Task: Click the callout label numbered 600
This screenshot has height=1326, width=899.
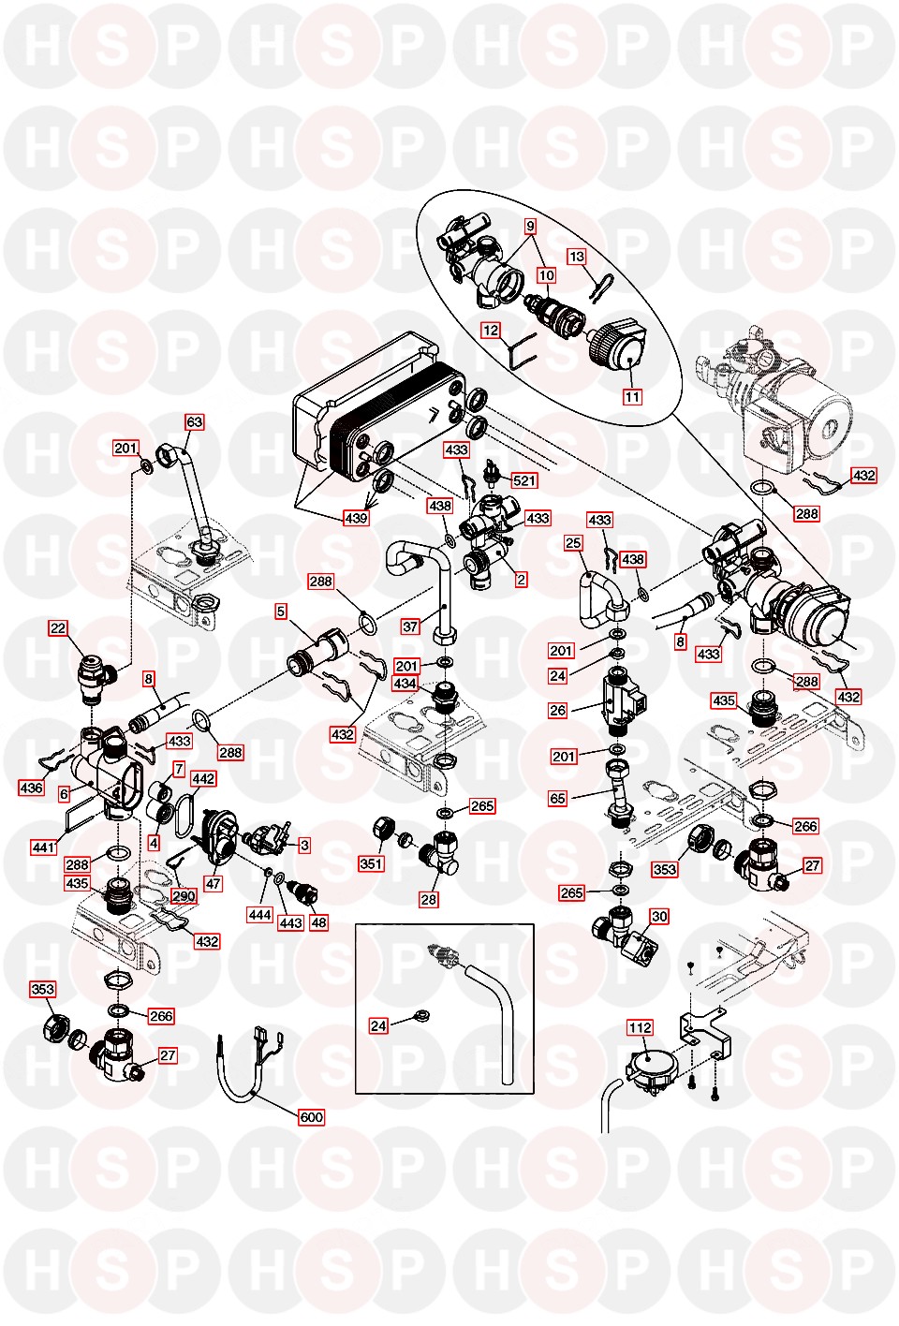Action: [311, 1116]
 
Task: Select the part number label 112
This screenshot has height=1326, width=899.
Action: [640, 1027]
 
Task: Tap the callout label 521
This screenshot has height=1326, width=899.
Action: [524, 480]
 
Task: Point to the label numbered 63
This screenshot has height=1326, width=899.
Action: [194, 421]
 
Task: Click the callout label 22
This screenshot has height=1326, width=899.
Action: [58, 627]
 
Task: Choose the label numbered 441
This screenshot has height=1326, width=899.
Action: [44, 847]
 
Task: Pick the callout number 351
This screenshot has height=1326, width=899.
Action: [371, 863]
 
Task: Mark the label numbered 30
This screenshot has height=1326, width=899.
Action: [659, 916]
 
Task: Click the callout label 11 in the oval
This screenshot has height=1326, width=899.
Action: [633, 396]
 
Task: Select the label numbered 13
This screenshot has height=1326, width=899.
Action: [576, 256]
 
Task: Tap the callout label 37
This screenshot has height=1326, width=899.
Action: [410, 626]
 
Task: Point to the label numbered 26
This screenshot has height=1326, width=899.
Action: [558, 710]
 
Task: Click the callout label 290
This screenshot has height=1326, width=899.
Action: [184, 895]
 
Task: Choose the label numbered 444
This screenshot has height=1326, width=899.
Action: [259, 914]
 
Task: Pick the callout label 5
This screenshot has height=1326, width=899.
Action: [281, 611]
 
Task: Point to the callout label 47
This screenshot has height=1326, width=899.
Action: [213, 883]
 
